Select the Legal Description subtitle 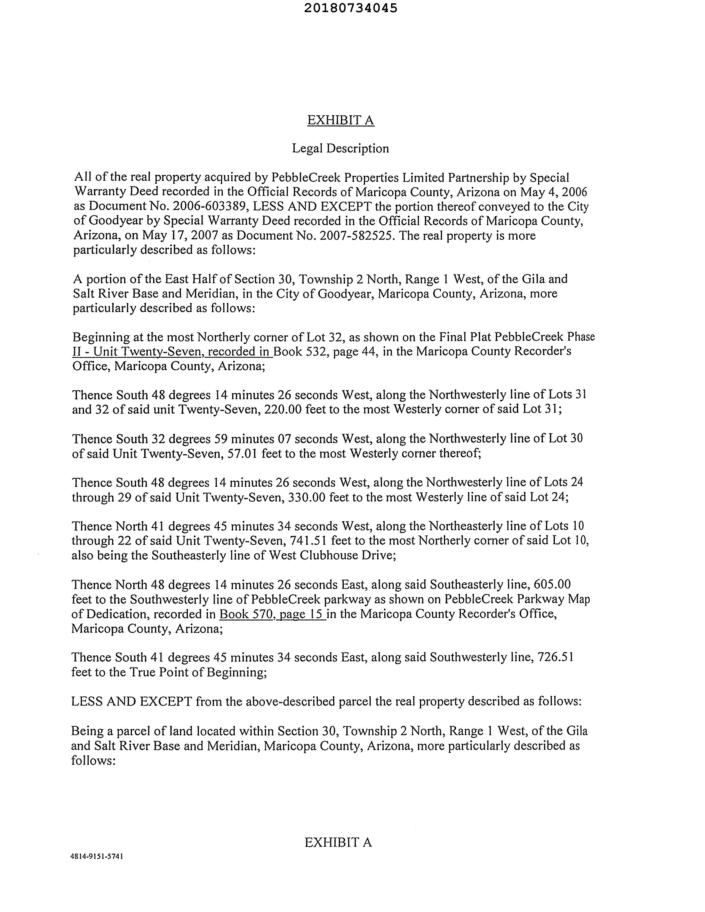point(340,149)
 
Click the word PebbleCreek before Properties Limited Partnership point(300,178)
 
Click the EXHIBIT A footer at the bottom point(338,843)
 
